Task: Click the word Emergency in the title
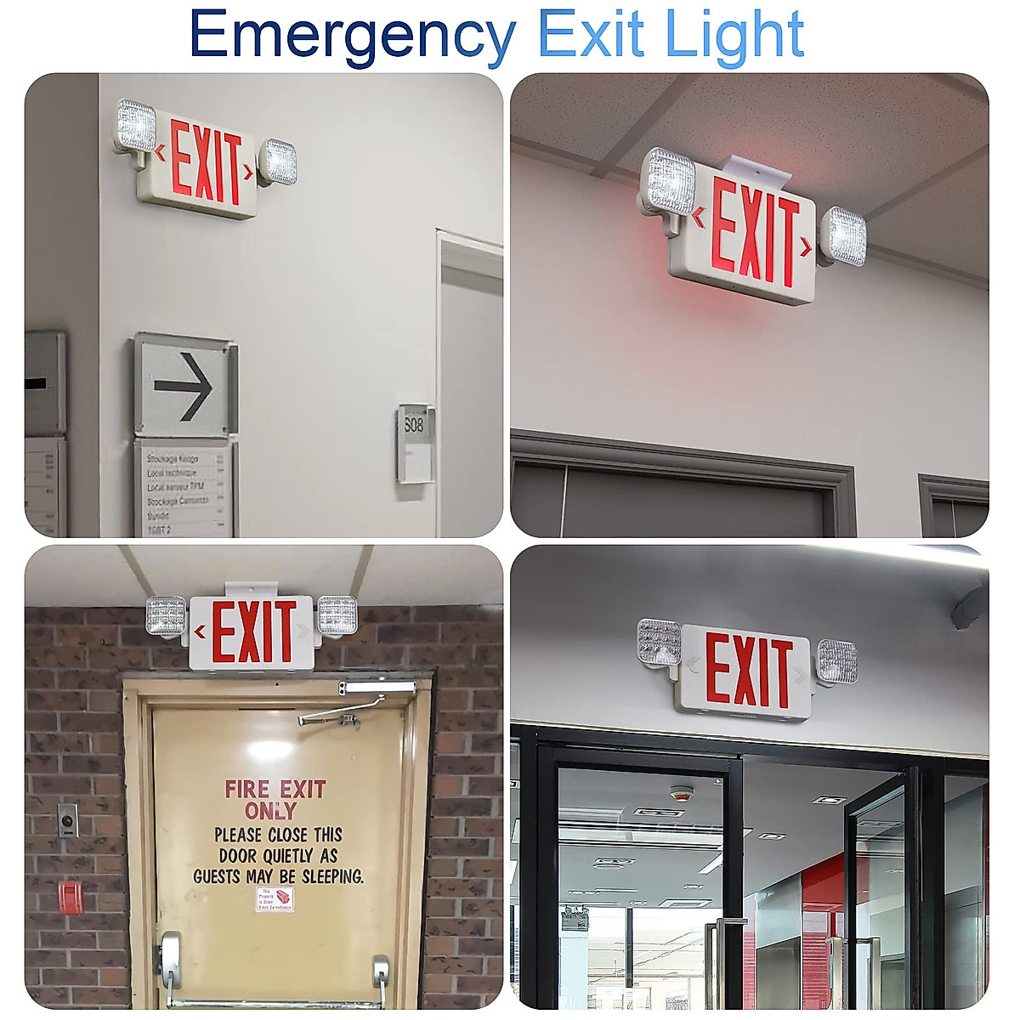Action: [x=352, y=36]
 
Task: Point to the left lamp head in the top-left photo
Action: [x=136, y=127]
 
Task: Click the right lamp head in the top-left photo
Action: [x=277, y=161]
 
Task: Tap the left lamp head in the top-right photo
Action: [x=668, y=182]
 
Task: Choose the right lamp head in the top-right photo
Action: [x=847, y=235]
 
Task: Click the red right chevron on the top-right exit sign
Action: [x=805, y=247]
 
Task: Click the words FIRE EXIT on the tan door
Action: [x=275, y=790]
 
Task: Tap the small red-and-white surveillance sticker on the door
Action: [x=275, y=899]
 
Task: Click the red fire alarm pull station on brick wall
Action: [x=70, y=898]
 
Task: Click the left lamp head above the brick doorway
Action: [x=167, y=615]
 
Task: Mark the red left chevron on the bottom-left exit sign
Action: [x=201, y=632]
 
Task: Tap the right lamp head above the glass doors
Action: [x=837, y=661]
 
